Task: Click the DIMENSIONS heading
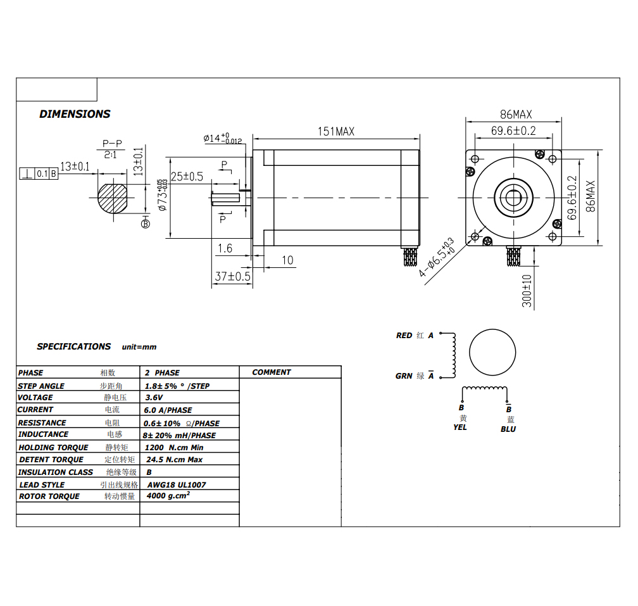[75, 114]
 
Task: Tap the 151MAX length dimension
[335, 132]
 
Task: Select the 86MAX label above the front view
[515, 115]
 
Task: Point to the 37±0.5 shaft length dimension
[232, 277]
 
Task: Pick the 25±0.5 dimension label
[187, 177]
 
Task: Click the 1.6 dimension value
[225, 249]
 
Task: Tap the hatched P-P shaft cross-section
[113, 198]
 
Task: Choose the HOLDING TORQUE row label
[53, 448]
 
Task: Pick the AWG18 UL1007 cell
[177, 484]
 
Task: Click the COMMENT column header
[272, 372]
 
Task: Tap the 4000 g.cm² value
[168, 496]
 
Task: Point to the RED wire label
[404, 336]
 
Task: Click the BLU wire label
[508, 429]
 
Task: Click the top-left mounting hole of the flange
[475, 157]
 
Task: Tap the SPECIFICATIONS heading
[73, 346]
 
